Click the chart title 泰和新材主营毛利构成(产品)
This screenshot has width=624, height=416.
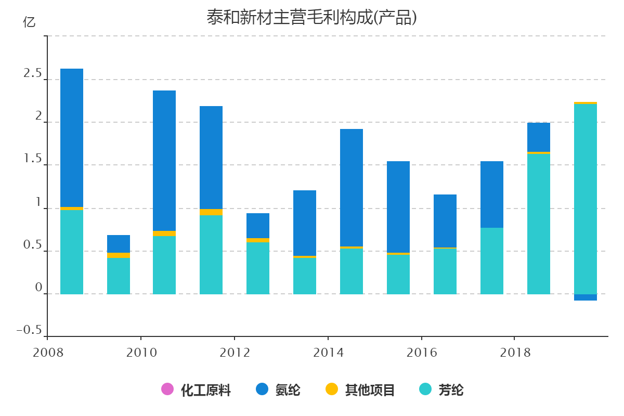(312, 18)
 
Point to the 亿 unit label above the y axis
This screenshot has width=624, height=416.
(30, 22)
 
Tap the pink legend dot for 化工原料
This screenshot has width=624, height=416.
(167, 389)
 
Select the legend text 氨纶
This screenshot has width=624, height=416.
(288, 389)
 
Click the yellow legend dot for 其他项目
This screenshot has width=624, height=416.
(331, 389)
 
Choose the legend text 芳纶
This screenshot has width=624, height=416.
(451, 389)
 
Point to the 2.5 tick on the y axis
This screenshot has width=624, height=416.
(32, 74)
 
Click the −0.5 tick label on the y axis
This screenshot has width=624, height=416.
(29, 330)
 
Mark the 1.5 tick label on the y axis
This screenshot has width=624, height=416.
(32, 159)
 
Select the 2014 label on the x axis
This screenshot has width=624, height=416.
(328, 353)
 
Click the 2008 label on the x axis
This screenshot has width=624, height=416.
(48, 353)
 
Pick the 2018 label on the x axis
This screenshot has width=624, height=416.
(515, 353)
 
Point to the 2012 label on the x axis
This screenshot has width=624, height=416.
(235, 353)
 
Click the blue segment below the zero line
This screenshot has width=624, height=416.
(586, 297)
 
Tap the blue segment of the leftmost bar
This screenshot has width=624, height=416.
(72, 138)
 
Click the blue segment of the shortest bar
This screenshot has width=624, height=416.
(119, 244)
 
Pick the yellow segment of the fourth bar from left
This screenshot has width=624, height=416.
(211, 212)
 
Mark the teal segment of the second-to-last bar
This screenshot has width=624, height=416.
(539, 224)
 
